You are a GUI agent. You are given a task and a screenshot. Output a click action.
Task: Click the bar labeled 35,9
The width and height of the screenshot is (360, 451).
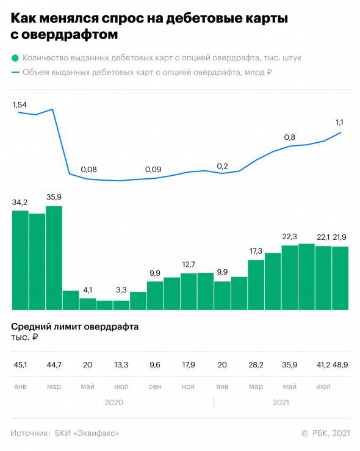pos(54,258)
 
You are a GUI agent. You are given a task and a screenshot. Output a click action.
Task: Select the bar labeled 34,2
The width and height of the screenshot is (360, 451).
pos(20,260)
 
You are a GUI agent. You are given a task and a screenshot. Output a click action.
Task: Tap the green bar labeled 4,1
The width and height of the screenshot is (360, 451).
pos(87,303)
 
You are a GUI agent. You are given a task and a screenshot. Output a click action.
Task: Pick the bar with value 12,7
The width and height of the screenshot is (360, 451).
pos(189,291)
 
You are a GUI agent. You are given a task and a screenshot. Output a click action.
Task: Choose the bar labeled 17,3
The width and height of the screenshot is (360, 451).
pos(256,284)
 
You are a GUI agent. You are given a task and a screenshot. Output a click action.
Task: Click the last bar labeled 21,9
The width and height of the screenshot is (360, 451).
pos(340,278)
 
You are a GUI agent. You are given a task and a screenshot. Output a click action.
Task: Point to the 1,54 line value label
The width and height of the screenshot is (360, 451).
pos(20,105)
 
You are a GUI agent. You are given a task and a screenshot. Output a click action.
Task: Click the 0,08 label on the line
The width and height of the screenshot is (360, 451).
pos(88,169)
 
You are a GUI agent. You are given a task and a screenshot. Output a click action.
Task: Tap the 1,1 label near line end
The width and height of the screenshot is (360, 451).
pos(340,122)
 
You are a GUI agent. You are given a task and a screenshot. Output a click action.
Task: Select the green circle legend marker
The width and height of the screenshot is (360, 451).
pos(15,59)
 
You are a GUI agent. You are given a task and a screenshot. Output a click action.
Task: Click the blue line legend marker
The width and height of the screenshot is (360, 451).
pos(15,72)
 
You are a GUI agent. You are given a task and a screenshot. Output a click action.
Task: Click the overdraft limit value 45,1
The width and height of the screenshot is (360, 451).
pos(20,364)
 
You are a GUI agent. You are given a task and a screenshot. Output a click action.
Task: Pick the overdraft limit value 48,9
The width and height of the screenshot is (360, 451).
pos(340,364)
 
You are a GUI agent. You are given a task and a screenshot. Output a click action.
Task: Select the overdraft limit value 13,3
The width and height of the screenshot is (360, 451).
pos(121,364)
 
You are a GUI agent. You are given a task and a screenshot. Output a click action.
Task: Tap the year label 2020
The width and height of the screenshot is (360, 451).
pos(113,403)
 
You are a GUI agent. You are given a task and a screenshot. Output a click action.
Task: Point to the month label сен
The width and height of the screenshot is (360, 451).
pos(154,386)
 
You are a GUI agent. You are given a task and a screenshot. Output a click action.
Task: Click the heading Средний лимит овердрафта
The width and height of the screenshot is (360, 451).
pos(74,327)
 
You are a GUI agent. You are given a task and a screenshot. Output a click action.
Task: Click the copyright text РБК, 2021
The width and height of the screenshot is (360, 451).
pos(330,433)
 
